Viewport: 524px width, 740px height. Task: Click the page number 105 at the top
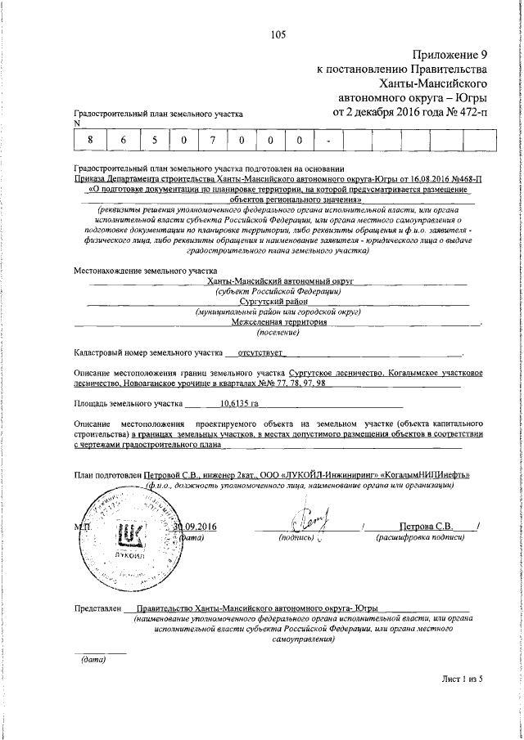coord(278,34)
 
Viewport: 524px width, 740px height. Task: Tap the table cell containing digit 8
coord(90,140)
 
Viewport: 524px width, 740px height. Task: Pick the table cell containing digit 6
coord(122,140)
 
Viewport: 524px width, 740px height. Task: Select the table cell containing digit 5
coord(153,140)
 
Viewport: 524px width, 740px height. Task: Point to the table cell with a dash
coord(328,140)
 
